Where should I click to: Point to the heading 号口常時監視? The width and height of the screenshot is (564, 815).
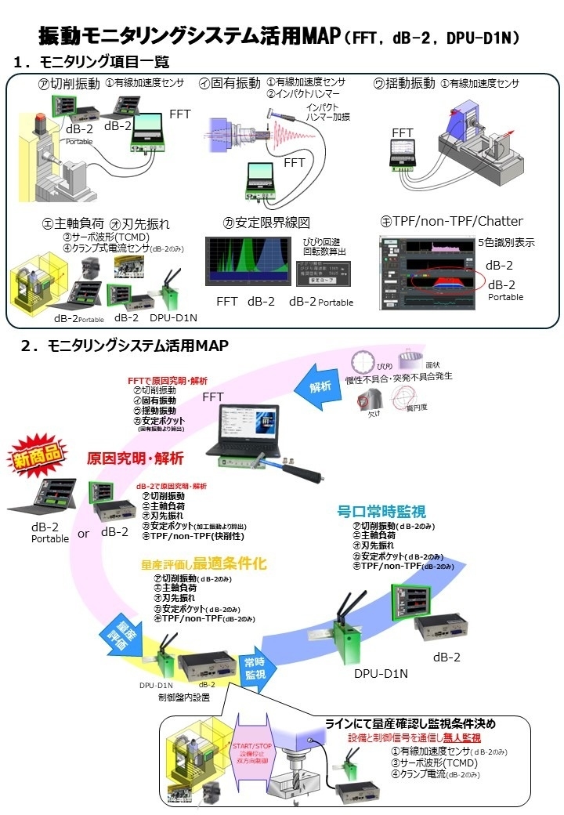pos(381,512)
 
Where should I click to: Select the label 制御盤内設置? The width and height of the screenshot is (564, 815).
pos(184,697)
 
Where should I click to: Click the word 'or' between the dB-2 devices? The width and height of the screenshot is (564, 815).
pos(83,533)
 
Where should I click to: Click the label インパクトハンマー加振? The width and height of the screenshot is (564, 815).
pos(327,111)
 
